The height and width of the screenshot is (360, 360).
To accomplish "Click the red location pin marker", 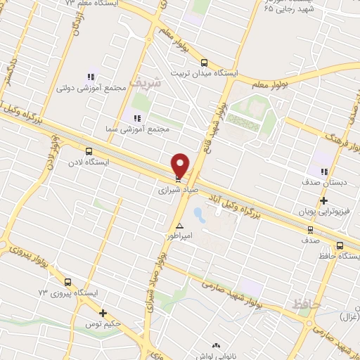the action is point(180,165).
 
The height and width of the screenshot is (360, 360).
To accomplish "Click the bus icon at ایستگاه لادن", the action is point(89,151).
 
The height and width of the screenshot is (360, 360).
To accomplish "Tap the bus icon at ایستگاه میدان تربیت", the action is point(205,62).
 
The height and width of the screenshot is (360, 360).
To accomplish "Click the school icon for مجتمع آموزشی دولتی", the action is point(91,77).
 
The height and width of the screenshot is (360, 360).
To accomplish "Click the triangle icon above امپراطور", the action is point(180,226).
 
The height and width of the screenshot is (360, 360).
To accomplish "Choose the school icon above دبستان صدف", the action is point(324,171).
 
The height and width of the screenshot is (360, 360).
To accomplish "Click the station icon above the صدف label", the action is point(311,229).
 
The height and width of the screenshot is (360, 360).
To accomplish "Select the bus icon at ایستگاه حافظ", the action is point(340,245).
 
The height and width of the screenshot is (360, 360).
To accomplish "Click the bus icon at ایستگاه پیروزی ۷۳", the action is point(67,281).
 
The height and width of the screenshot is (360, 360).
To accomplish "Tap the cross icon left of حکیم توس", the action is point(103,313).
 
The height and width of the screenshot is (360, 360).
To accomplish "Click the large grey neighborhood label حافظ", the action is point(307,304).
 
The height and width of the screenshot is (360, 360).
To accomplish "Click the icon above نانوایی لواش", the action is point(215,346).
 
